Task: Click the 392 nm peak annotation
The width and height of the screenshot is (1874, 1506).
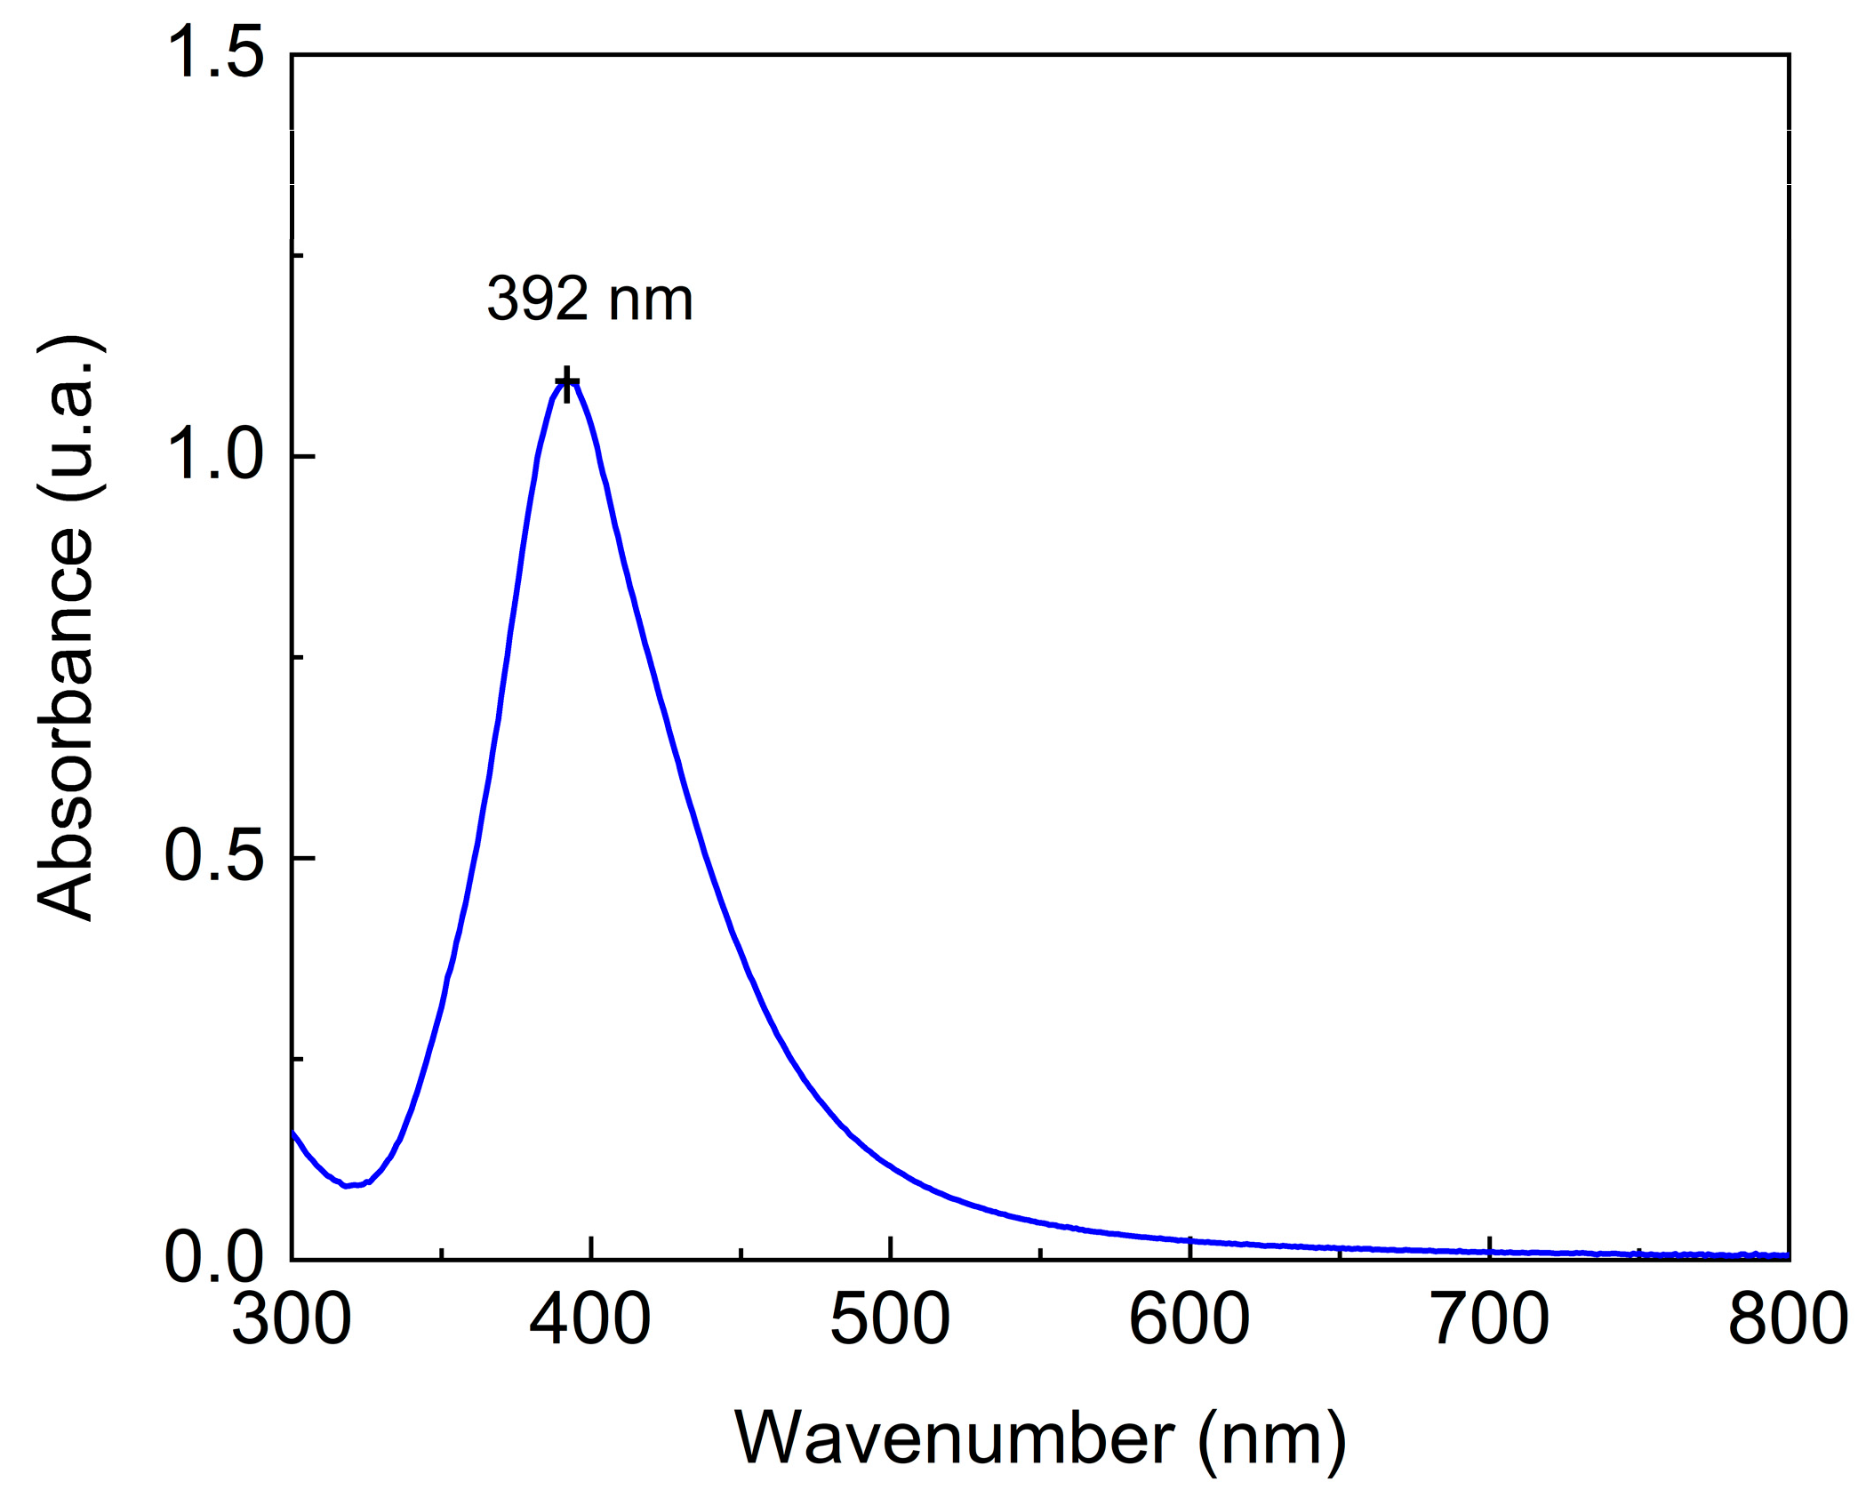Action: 589,300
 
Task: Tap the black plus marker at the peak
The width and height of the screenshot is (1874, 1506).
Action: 566,384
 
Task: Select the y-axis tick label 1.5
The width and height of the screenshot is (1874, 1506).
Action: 215,53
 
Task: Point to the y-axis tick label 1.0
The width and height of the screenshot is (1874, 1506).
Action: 215,455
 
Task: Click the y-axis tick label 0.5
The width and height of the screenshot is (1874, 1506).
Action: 215,857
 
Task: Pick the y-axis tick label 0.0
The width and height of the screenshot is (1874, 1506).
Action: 215,1259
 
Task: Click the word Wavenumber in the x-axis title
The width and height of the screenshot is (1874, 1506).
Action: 954,1438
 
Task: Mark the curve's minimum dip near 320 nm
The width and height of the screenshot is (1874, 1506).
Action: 348,1185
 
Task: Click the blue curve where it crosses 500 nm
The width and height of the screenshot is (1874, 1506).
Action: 890,1161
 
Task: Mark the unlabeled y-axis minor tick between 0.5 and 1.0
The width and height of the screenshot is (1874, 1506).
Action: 298,657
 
